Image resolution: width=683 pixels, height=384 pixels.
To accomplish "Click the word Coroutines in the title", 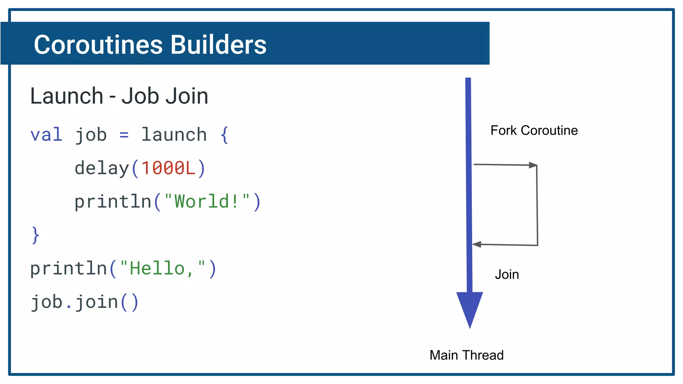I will [x=98, y=45].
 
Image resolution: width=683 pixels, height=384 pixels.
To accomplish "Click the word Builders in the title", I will [x=218, y=45].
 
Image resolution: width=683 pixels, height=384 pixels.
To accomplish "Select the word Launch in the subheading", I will [x=67, y=96].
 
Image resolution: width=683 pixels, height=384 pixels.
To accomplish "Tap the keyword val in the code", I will [x=46, y=135].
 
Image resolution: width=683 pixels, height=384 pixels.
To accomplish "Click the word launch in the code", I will [x=174, y=135].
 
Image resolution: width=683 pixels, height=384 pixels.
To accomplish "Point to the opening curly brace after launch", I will [x=225, y=135].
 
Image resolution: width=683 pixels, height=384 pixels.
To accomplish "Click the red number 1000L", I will [x=168, y=168].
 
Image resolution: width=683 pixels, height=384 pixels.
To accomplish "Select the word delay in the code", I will [x=102, y=168].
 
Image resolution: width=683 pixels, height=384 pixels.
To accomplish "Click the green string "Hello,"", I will [x=162, y=269].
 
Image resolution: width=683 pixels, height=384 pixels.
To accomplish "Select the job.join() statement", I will [x=84, y=302].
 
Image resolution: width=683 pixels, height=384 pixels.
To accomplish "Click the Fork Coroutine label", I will [x=534, y=130].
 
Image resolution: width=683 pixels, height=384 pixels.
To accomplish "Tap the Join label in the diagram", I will [x=507, y=275].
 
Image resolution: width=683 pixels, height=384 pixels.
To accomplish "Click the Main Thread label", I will [x=466, y=355].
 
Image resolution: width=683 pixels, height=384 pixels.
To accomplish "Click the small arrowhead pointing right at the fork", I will [x=533, y=165].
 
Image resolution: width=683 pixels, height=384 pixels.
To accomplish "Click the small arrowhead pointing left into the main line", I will [x=477, y=244].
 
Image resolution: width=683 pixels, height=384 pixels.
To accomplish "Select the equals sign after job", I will [x=124, y=135].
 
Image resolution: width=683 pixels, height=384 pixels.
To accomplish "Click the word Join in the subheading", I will [x=187, y=96].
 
